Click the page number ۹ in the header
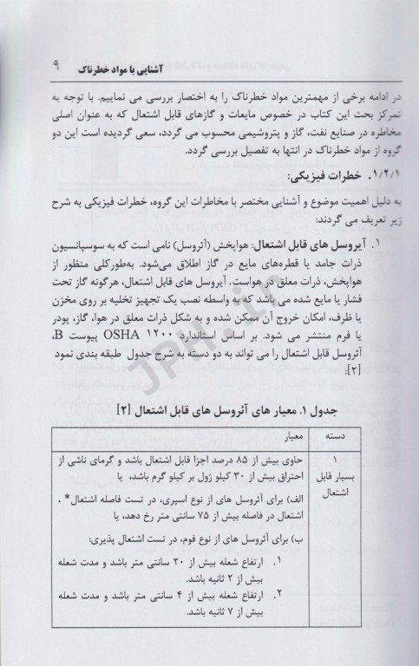(x=56, y=67)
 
